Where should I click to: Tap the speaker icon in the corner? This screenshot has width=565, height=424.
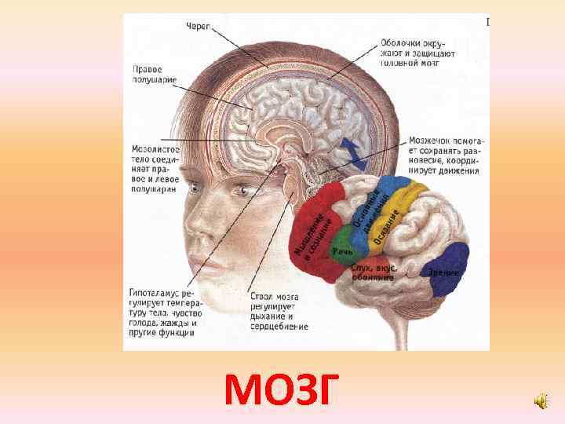click(x=541, y=402)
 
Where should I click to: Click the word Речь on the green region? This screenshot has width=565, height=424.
click(x=342, y=250)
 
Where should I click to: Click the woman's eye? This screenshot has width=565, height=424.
click(x=244, y=190)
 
